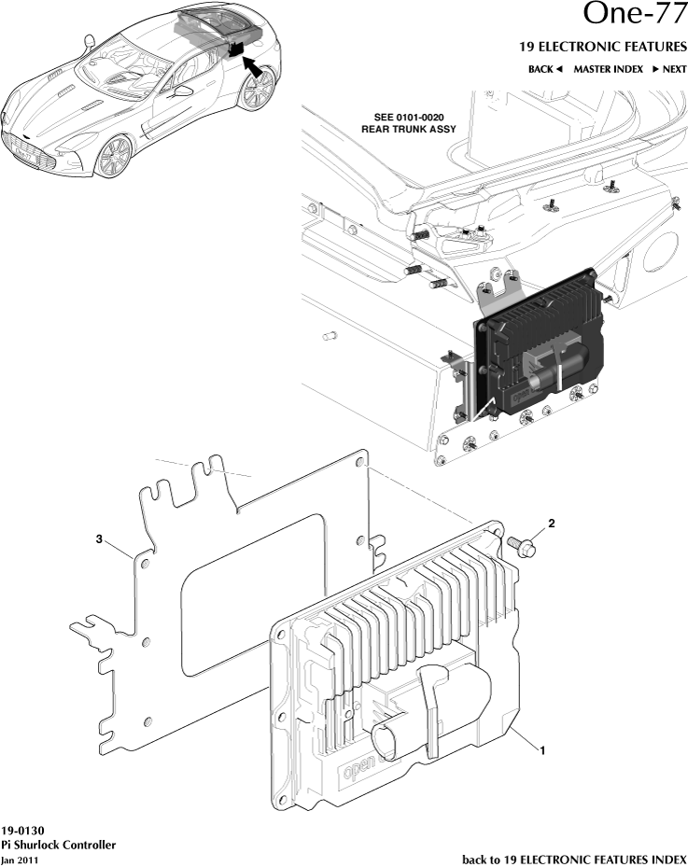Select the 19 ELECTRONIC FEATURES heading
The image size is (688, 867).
pos(602,46)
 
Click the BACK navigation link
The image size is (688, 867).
pos(546,69)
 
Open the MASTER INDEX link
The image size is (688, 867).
pos(608,69)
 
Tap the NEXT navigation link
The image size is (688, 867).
pos(669,69)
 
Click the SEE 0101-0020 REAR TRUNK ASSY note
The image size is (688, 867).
pos(409,123)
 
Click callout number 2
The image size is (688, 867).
pos(551,524)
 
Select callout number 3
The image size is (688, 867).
pos(98,538)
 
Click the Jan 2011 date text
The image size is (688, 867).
pos(20,860)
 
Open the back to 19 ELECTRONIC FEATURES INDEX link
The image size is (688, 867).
pos(574,859)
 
